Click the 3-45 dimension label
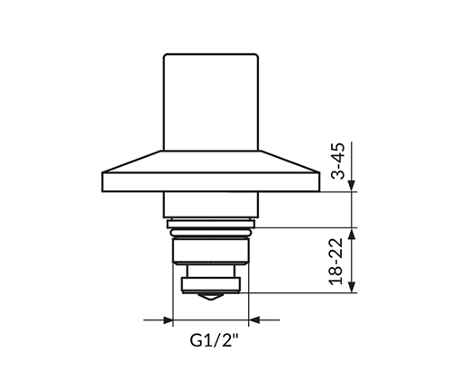pyautogui.click(x=338, y=161)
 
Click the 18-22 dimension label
pyautogui.click(x=335, y=262)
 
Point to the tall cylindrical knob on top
pyautogui.click(x=211, y=102)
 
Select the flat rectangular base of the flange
pyautogui.click(x=210, y=182)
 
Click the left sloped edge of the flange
pyautogui.click(x=132, y=162)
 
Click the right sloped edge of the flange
pyautogui.click(x=289, y=162)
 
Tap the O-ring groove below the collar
pyautogui.click(x=211, y=233)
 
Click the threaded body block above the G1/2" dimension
pyautogui.click(x=211, y=251)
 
